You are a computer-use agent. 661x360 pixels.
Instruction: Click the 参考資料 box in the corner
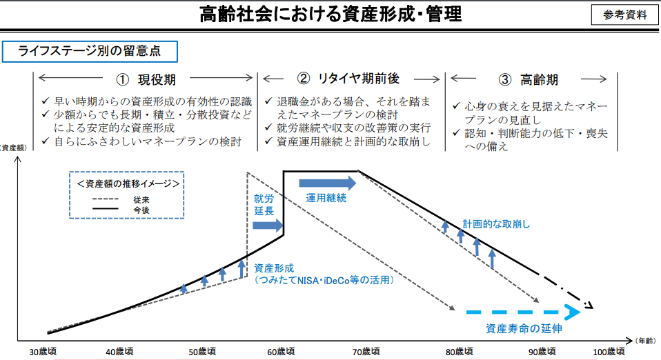pyautogui.click(x=624, y=14)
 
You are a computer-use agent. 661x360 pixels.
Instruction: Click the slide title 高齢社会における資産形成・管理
pyautogui.click(x=330, y=14)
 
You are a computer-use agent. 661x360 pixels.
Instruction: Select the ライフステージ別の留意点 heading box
pyautogui.click(x=90, y=52)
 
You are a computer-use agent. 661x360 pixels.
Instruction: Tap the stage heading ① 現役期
pyautogui.click(x=146, y=79)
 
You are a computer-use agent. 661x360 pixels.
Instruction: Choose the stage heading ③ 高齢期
pyautogui.click(x=529, y=79)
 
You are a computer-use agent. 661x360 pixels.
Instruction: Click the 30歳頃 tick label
pyautogui.click(x=43, y=352)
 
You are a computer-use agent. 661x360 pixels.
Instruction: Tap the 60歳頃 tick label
pyautogui.click(x=282, y=352)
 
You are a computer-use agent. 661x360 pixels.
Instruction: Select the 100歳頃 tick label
pyautogui.click(x=609, y=352)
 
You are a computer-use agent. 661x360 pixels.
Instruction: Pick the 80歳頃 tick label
pyautogui.click(x=459, y=352)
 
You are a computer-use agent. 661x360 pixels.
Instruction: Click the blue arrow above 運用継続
pyautogui.click(x=328, y=183)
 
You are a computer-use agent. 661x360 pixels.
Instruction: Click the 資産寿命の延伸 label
pyautogui.click(x=524, y=328)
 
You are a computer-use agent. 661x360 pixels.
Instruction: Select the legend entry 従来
pyautogui.click(x=141, y=199)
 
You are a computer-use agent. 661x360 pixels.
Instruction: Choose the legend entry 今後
pyautogui.click(x=141, y=210)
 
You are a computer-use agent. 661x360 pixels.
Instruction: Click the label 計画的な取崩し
pyautogui.click(x=496, y=224)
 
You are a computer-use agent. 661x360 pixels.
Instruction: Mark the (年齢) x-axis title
pyautogui.click(x=645, y=341)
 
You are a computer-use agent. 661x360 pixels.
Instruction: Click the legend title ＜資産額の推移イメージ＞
pyautogui.click(x=128, y=183)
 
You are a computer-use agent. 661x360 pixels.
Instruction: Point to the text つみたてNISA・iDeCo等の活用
pyautogui.click(x=324, y=280)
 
